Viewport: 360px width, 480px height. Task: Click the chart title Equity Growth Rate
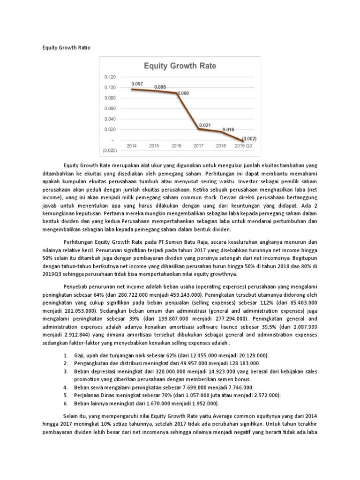click(x=180, y=66)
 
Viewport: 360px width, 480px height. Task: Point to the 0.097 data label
click(x=137, y=84)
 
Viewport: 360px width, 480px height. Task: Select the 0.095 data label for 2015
click(x=160, y=87)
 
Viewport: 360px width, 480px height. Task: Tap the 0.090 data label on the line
click(x=182, y=93)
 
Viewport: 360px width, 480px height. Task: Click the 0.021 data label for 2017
click(x=204, y=125)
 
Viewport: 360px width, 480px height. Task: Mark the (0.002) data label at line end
click(x=249, y=139)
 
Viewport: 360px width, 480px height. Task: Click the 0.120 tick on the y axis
click(x=110, y=76)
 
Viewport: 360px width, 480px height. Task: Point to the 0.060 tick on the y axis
click(x=110, y=108)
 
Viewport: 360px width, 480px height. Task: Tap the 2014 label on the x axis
click(x=132, y=146)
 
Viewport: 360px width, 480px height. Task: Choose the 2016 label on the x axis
click(x=177, y=146)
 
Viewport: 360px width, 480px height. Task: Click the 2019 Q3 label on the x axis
click(x=244, y=146)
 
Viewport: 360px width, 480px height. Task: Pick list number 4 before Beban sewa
click(x=65, y=388)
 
